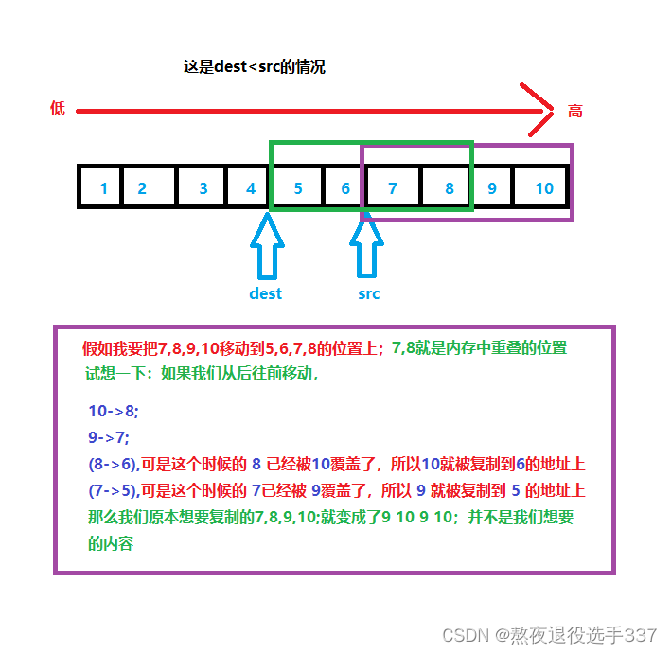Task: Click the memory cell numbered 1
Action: (x=103, y=187)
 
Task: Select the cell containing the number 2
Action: (x=142, y=187)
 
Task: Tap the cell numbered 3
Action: (x=203, y=187)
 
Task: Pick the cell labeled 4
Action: (x=250, y=187)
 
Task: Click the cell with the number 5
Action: (x=298, y=187)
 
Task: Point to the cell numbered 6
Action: (x=345, y=187)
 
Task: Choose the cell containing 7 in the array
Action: (x=393, y=187)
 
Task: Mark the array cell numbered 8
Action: (x=450, y=187)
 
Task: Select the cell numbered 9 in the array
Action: (x=492, y=187)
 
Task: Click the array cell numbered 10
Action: (x=543, y=187)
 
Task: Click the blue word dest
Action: (x=266, y=293)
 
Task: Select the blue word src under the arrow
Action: (x=369, y=293)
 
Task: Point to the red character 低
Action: (x=58, y=109)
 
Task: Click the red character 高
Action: (x=574, y=111)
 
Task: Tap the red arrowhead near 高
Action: (x=540, y=111)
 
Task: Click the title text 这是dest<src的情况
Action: (x=255, y=67)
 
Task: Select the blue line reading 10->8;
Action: (x=113, y=412)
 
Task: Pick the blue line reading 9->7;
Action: (x=108, y=438)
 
